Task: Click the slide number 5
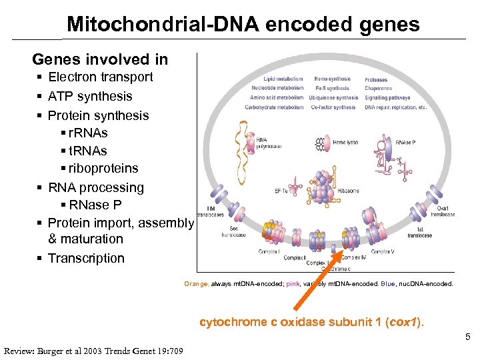point(468,337)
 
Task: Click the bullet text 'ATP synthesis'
point(90,96)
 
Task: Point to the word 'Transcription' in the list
point(86,258)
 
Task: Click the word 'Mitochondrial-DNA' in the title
point(163,25)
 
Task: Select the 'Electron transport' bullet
point(100,77)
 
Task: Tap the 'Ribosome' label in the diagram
point(348,191)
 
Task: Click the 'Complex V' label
point(383,251)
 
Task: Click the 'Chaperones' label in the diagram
point(378,89)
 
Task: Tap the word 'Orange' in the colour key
point(196,284)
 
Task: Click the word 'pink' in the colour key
point(293,284)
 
